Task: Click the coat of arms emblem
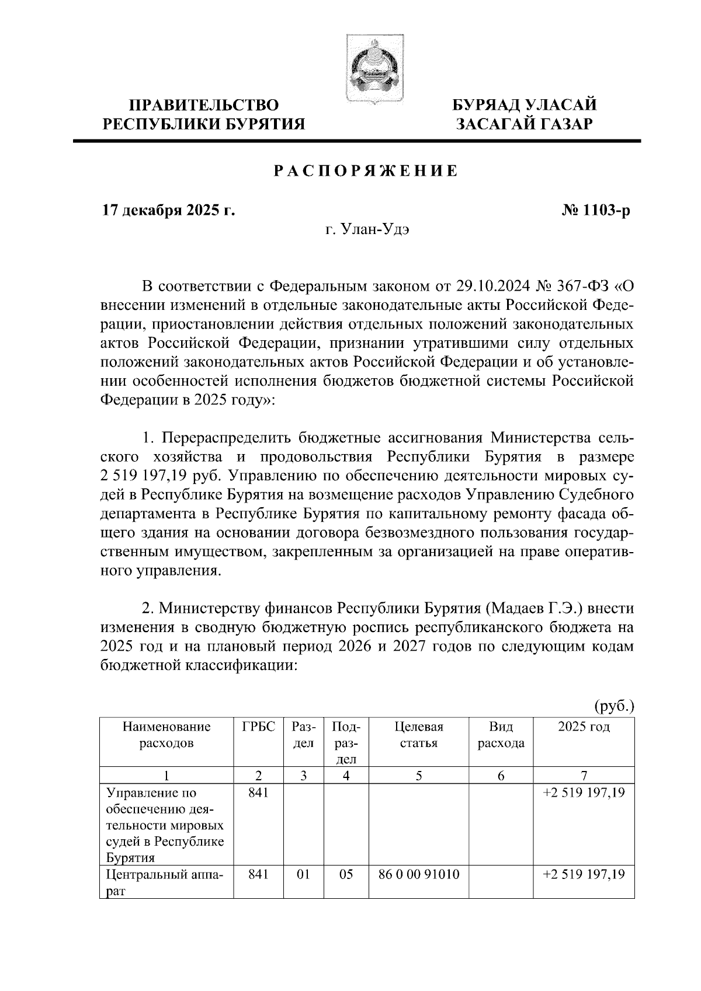[x=372, y=69]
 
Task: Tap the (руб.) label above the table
[x=614, y=706]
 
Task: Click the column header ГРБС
[x=258, y=727]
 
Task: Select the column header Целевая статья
[x=419, y=735]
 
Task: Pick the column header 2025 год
[x=584, y=727]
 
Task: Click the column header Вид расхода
[x=501, y=735]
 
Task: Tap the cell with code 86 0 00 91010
[x=419, y=874]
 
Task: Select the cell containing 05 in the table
[x=346, y=874]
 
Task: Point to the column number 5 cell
[x=419, y=776]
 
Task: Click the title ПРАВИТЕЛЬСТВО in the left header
[x=204, y=105]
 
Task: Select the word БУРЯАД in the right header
[x=486, y=105]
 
